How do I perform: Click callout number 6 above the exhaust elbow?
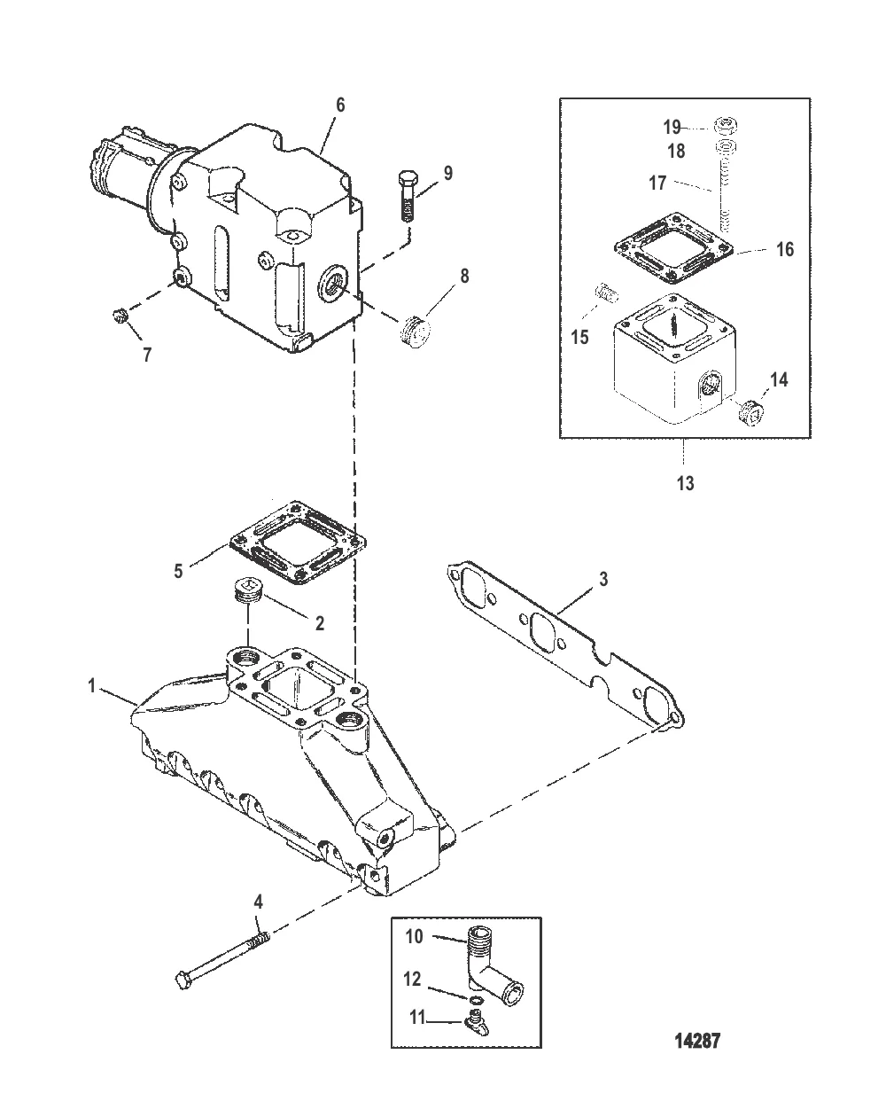pos(340,105)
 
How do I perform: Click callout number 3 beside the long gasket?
pos(603,579)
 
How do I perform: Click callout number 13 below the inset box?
pos(685,483)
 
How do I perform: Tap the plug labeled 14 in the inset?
pos(750,411)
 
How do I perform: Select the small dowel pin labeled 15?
pos(606,293)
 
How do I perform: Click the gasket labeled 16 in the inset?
pos(673,248)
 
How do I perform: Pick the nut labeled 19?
pos(726,125)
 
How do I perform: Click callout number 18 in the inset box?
pos(676,151)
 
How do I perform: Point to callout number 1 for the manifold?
pos(91,685)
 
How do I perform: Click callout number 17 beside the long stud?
pos(657,183)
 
